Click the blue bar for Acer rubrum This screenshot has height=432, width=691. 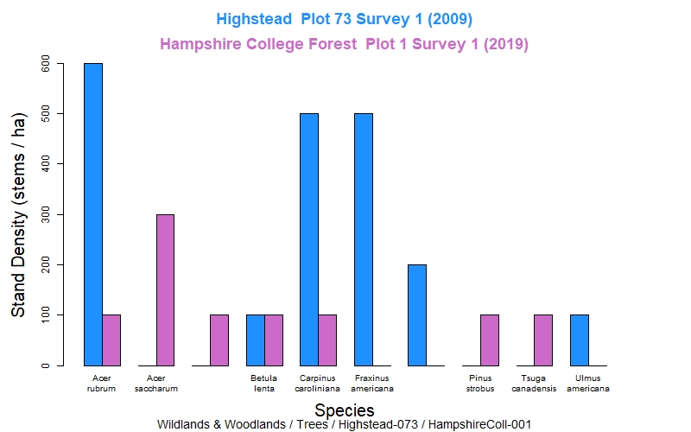93,214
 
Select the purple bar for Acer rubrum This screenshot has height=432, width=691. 111,340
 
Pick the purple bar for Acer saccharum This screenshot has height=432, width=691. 165,290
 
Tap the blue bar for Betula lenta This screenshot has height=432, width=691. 256,340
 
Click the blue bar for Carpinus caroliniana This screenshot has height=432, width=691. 309,239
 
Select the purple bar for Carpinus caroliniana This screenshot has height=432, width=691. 327,340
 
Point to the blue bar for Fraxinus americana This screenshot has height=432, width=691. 364,239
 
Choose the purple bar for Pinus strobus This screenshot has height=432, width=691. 490,340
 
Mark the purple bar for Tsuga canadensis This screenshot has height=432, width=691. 543,340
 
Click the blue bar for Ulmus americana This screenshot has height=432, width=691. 580,340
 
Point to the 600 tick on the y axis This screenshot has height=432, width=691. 59,64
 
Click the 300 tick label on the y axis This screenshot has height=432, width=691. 47,214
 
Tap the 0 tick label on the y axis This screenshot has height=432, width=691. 47,365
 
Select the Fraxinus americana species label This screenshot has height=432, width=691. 373,383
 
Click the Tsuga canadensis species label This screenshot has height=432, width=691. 535,383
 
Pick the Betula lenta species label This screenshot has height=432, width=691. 264,383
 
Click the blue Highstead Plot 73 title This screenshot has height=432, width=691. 345,18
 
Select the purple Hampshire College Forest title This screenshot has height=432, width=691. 345,43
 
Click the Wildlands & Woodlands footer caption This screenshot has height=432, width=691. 344,424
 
